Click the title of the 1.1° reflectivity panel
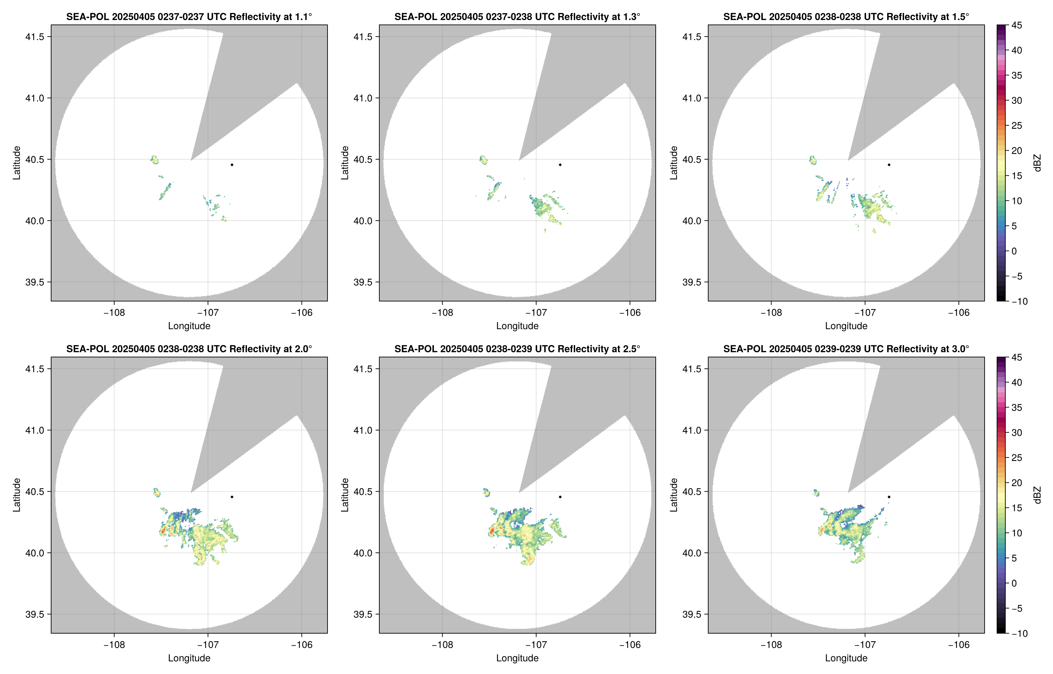(189, 17)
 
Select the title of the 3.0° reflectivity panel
(846, 349)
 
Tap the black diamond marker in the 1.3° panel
(560, 165)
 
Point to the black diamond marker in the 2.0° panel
(231, 497)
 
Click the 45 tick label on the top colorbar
(1017, 26)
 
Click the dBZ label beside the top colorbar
(1037, 163)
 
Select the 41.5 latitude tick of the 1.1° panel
(35, 37)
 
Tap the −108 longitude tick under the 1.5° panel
(771, 313)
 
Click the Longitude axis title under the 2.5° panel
(517, 658)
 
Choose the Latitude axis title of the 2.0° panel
(17, 495)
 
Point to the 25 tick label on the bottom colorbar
(1017, 458)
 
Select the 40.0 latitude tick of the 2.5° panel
(363, 553)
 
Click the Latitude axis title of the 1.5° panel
(673, 163)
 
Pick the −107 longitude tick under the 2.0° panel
(208, 645)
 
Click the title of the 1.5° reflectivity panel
(846, 17)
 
